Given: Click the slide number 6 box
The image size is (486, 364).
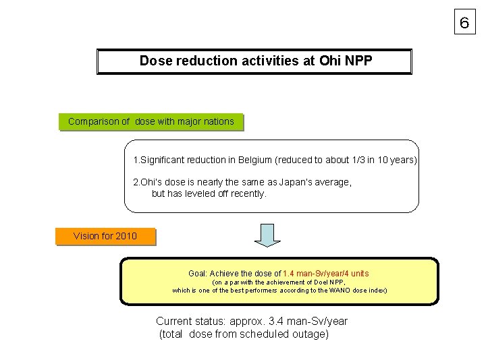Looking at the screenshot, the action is coord(464,23).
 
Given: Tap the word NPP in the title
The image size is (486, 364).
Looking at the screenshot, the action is coord(358,61).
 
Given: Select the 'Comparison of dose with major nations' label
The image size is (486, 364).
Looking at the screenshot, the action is coord(151,122).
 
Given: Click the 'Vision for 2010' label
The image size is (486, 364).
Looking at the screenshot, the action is coord(105,236).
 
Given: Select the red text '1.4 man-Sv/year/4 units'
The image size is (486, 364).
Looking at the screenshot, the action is coord(326,274).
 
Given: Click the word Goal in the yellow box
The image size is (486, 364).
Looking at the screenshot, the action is coord(198,274).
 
